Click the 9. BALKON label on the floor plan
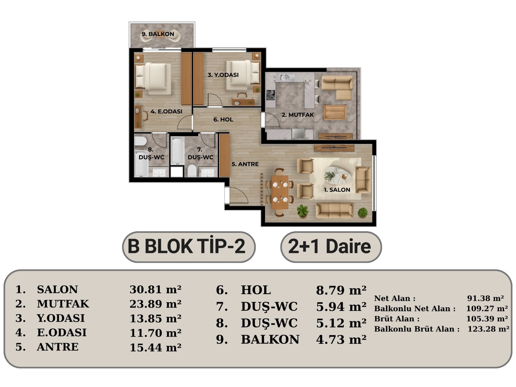[158, 34]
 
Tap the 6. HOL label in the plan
[223, 119]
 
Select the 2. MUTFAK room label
[298, 115]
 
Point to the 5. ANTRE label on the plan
[245, 164]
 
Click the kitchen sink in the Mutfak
[287, 77]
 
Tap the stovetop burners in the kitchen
[271, 95]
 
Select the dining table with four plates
[280, 192]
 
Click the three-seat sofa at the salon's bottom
[334, 211]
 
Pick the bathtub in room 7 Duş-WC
[177, 151]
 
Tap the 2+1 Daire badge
[331, 247]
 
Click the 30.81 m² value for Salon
[155, 290]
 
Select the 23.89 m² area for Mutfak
[155, 304]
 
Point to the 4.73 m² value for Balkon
[341, 340]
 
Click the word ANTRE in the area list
[58, 347]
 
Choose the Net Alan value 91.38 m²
[485, 298]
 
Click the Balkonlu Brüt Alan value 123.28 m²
[488, 329]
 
